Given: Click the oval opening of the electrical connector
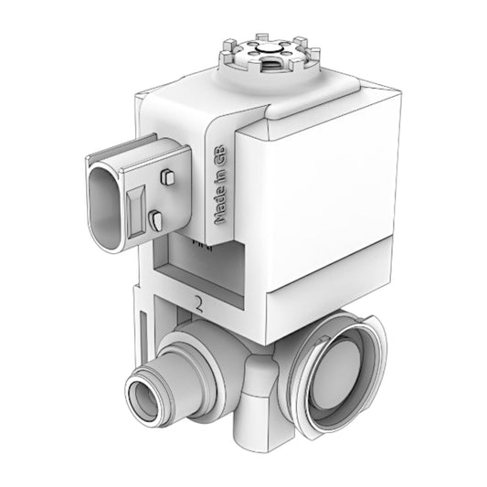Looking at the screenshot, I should pyautogui.click(x=106, y=201).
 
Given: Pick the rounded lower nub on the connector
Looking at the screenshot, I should pyautogui.click(x=156, y=218).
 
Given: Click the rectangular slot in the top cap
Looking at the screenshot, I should pyautogui.click(x=272, y=67).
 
